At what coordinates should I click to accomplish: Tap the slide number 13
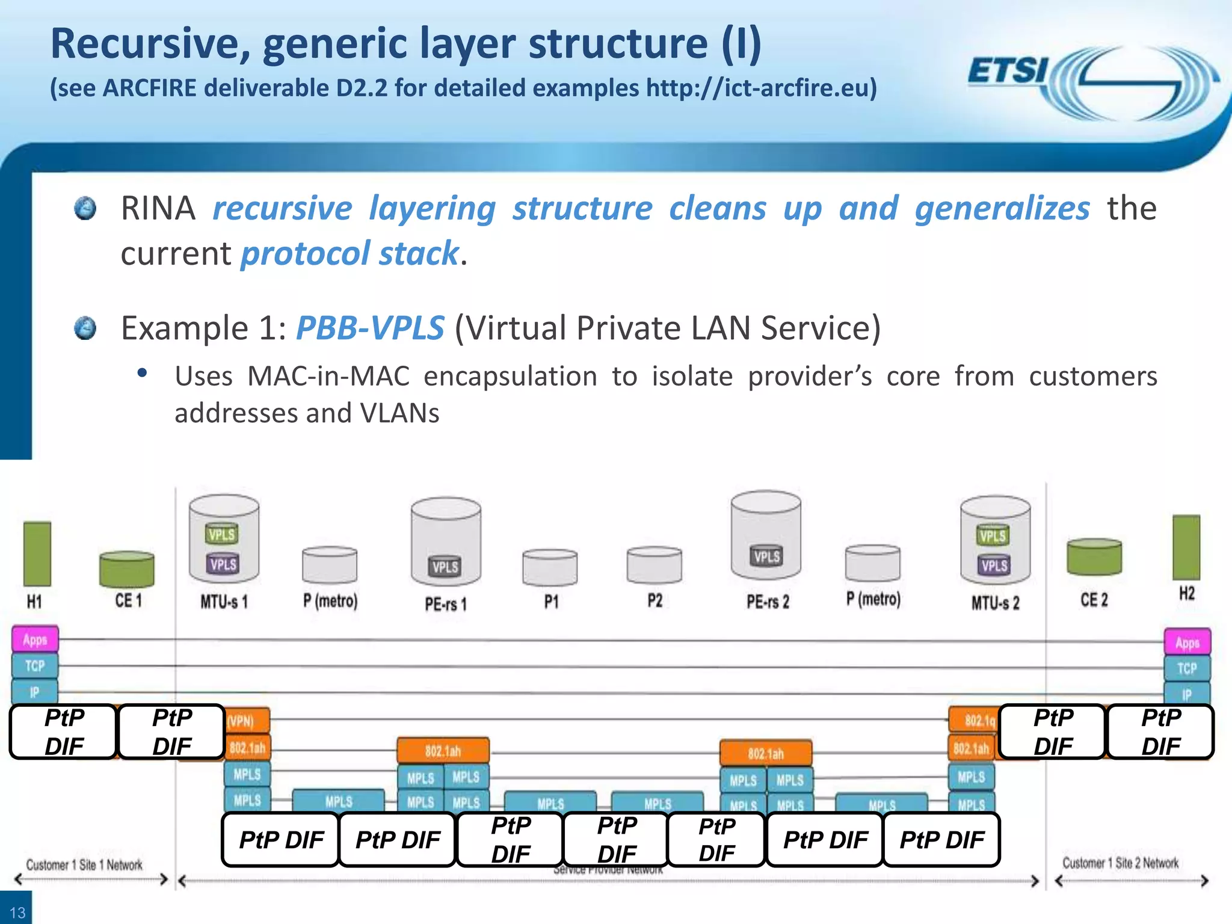coord(17,913)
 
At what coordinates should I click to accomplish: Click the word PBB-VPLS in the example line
coord(370,328)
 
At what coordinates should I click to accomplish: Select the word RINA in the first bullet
coord(158,209)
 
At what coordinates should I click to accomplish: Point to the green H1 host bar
coord(37,553)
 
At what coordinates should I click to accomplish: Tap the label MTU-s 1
coord(224,602)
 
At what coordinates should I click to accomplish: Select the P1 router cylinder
coord(550,567)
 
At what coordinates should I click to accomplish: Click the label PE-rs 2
coord(768,602)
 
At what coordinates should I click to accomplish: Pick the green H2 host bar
coord(1186,547)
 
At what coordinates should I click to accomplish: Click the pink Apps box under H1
coord(35,639)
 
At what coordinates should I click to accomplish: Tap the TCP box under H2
coord(1186,668)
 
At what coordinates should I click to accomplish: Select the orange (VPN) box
coord(247,721)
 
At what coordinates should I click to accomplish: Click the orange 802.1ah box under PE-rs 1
coord(443,751)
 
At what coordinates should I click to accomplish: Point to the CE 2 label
coord(1094,600)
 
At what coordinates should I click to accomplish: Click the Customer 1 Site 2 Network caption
coord(1120,863)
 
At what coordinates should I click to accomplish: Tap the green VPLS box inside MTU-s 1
coord(221,534)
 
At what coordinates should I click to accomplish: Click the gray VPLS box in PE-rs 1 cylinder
coord(445,567)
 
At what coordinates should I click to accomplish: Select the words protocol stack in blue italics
coord(350,253)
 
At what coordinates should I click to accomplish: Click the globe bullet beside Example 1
coord(85,328)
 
